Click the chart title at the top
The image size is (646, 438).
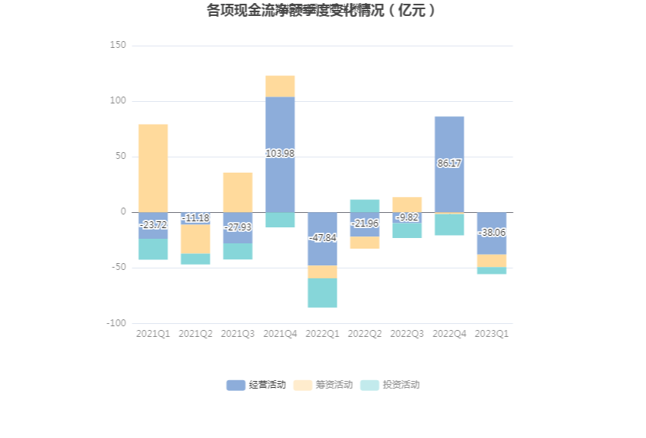322,11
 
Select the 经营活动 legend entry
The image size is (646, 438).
256,385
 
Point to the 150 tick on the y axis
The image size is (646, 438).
118,46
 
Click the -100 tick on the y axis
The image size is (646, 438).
116,323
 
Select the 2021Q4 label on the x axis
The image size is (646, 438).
280,334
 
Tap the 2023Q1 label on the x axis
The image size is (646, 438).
492,334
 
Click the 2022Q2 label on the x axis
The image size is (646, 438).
365,334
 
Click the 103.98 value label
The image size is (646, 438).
280,154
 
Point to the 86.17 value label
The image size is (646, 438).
449,163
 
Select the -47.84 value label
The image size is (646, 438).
322,238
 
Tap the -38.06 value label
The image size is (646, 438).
492,233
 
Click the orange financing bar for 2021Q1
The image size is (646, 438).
153,167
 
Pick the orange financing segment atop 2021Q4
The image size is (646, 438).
280,86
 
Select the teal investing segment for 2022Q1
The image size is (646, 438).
322,293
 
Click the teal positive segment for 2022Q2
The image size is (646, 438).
365,205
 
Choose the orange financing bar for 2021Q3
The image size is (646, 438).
238,192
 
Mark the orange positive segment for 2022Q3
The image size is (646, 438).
407,204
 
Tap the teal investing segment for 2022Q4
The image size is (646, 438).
449,224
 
